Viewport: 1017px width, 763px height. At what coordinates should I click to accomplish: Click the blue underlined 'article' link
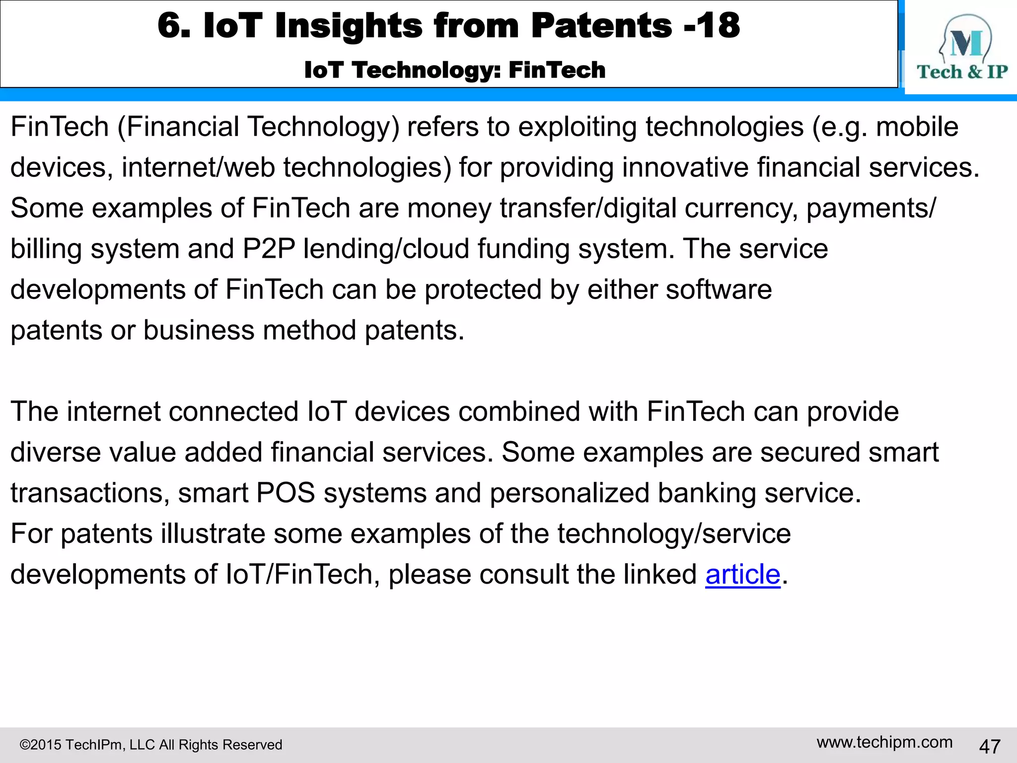743,575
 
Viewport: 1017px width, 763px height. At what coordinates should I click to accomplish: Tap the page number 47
989,746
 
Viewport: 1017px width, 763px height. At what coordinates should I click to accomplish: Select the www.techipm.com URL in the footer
884,742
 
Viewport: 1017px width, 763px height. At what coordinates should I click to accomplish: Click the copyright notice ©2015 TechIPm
150,745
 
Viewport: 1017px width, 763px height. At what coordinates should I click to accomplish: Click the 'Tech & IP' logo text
962,72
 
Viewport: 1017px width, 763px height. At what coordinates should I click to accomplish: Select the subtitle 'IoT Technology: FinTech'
455,70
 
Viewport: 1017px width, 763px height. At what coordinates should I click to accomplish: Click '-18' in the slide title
712,25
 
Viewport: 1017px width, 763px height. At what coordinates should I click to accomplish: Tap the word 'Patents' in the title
601,25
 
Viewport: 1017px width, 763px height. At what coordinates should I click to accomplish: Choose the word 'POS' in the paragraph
286,493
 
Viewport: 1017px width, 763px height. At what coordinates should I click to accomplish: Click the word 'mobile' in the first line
917,127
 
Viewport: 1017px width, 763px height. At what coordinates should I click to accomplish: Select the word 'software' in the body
719,290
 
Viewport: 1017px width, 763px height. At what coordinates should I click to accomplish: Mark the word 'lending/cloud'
386,249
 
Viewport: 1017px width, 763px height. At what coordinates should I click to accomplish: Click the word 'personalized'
569,493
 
